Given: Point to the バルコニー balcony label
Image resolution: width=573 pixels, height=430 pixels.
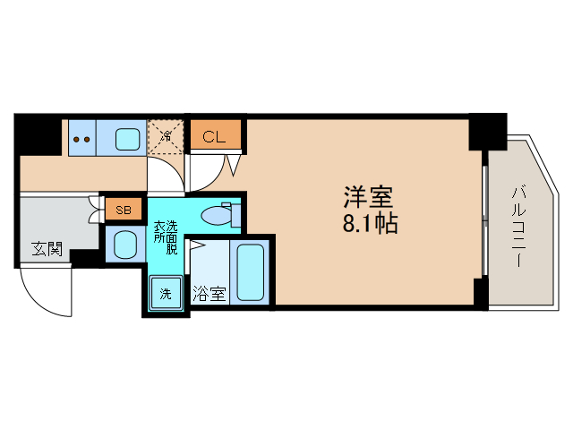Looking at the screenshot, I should [518, 224].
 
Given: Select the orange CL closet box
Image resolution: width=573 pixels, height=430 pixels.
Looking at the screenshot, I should [215, 136].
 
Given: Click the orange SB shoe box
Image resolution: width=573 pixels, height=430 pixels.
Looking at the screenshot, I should [124, 211].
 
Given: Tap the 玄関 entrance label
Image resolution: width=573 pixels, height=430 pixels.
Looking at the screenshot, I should [47, 248].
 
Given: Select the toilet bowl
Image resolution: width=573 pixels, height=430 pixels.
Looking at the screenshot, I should [216, 215].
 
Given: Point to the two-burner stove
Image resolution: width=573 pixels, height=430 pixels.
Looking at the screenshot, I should [82, 139].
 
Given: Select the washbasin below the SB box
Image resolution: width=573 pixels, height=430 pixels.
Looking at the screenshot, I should [124, 244].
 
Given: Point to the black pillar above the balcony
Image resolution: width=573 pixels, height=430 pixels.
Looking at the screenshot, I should [487, 132].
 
